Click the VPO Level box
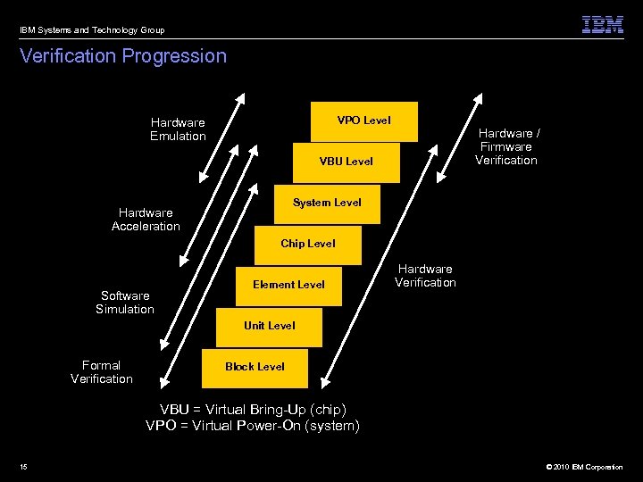coord(363,120)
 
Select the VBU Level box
coord(346,162)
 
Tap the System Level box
coord(327,203)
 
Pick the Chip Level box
coord(307,244)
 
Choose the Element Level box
coord(288,285)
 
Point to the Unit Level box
coord(269,326)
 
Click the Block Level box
coord(255,367)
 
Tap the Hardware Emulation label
coord(178,129)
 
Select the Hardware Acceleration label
coord(146,220)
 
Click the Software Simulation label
coord(125,303)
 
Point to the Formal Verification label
coord(102,372)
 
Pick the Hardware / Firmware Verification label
coord(506,146)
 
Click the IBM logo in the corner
coord(603,25)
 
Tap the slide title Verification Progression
coord(123,56)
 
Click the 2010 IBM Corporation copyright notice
coord(577,467)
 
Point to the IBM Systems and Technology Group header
coord(92,30)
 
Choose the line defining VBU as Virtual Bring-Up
coord(253,410)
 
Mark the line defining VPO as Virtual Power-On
coord(253,426)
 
